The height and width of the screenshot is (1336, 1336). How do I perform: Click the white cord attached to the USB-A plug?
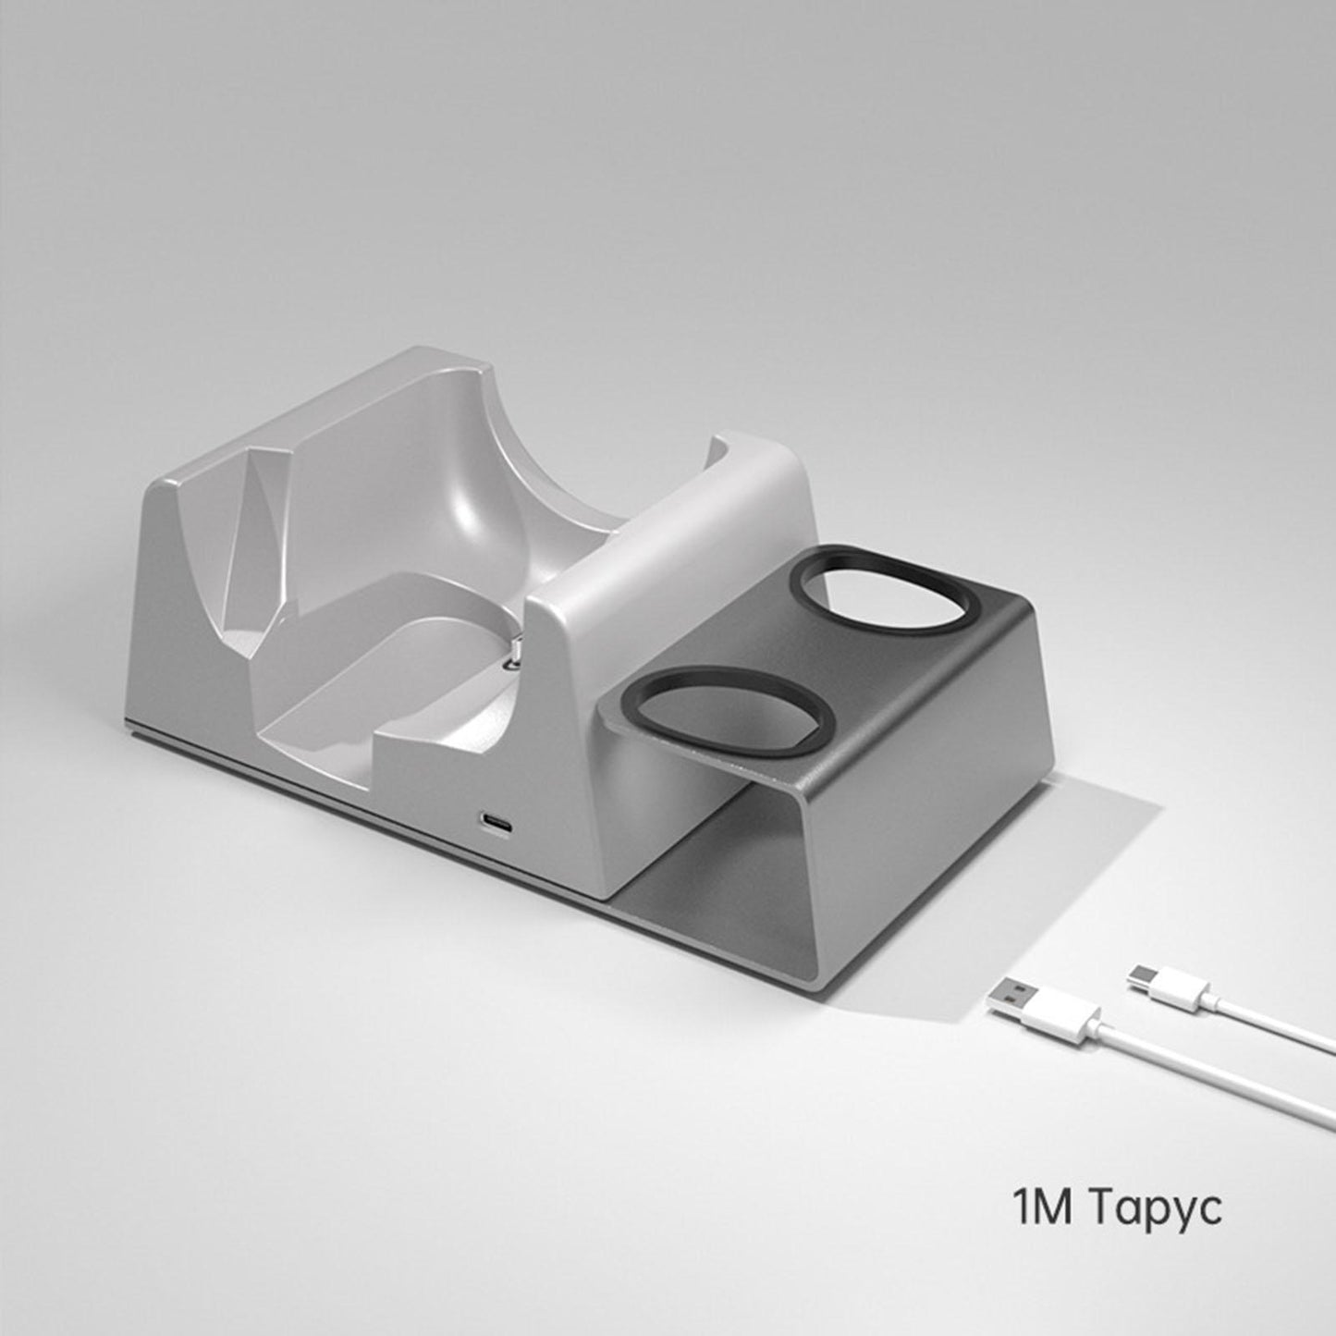[1202, 1072]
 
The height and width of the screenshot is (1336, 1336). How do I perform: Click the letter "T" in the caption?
[1106, 1207]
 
